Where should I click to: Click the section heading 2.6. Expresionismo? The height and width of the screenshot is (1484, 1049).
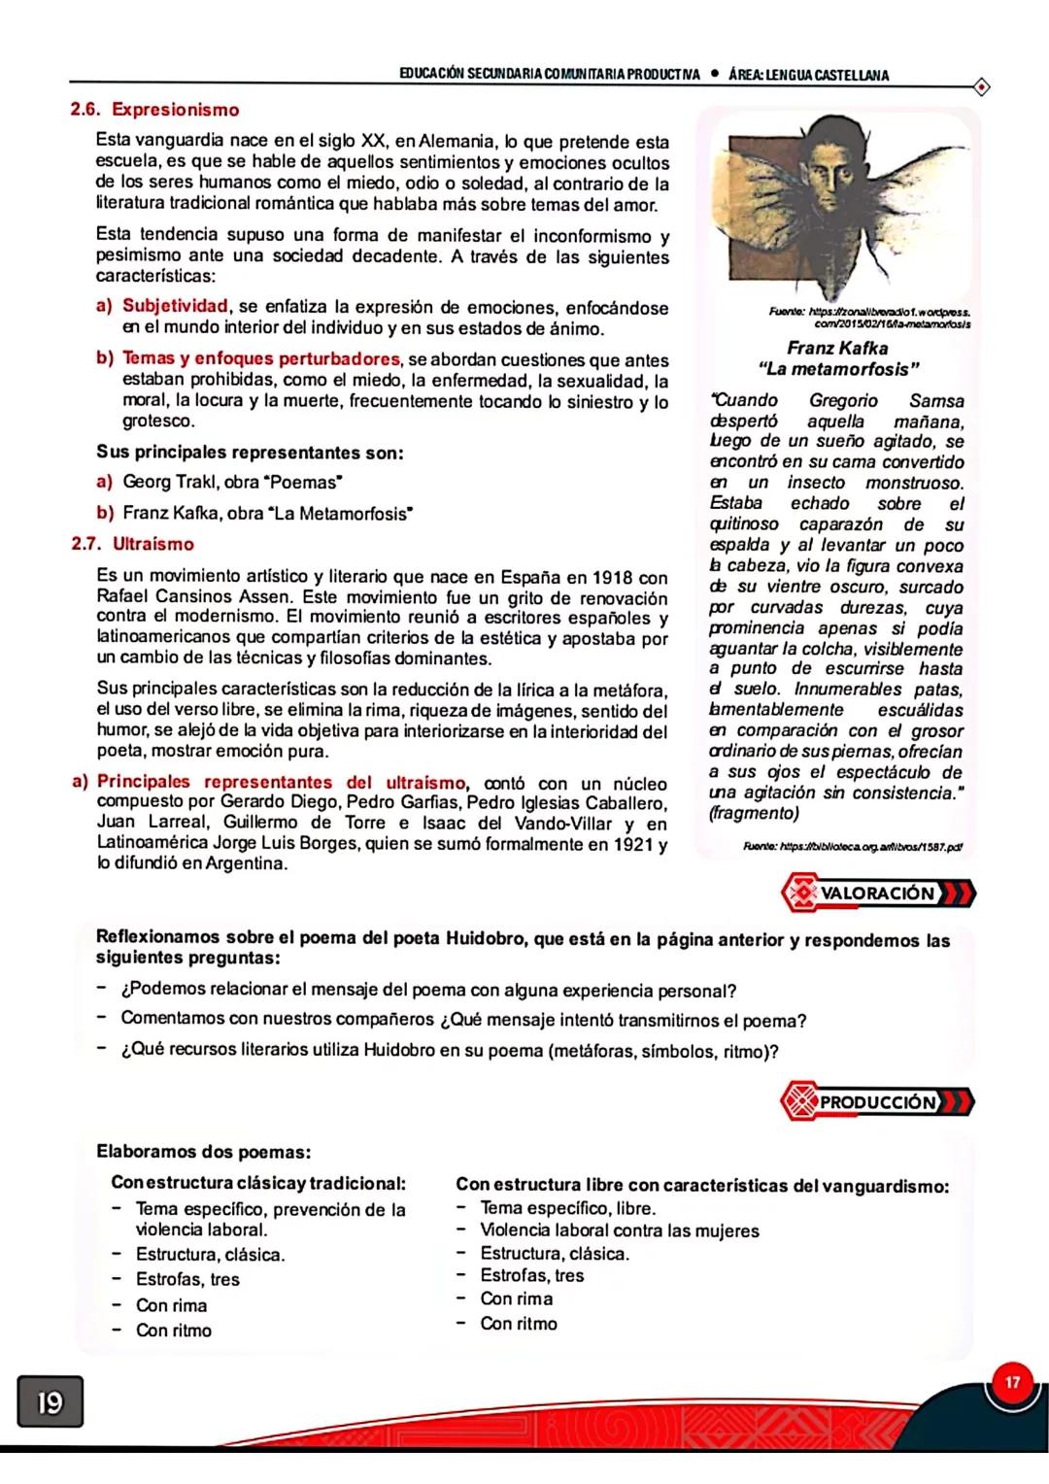[x=155, y=110]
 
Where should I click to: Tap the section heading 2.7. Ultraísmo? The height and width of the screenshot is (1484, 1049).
[x=133, y=544]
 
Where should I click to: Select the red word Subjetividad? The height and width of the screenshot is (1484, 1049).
[x=175, y=308]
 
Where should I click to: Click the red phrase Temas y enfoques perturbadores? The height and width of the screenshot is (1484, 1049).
[x=261, y=359]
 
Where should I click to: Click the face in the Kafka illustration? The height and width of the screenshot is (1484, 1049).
[x=834, y=177]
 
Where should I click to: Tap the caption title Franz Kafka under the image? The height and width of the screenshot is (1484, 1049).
[x=837, y=348]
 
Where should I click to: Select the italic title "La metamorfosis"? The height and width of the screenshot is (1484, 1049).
[x=838, y=370]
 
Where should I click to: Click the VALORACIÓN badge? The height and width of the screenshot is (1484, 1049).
[x=877, y=894]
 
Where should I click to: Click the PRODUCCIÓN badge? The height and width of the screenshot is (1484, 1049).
[x=877, y=1102]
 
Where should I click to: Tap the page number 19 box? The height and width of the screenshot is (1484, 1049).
[x=49, y=1403]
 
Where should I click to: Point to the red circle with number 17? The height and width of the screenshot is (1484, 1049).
[x=1013, y=1382]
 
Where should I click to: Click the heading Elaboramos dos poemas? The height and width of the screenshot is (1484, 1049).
[x=203, y=1153]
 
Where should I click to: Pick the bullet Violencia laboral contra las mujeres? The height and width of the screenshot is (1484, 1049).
[x=620, y=1231]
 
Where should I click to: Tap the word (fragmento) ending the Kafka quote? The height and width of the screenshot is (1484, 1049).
[x=755, y=814]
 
